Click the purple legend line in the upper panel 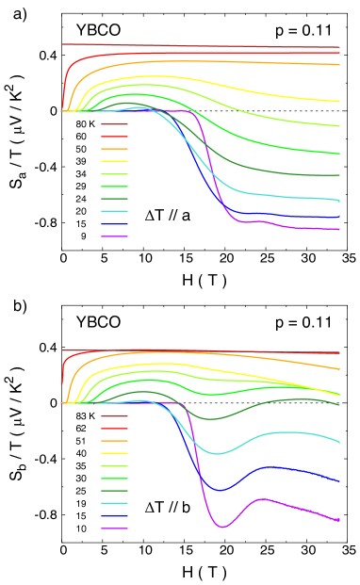coord(114,236)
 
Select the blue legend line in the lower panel coord(114,516)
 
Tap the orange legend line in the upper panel coord(114,149)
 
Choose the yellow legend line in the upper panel coord(114,161)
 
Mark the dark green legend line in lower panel coord(114,491)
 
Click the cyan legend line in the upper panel coord(114,211)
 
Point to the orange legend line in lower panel coord(114,441)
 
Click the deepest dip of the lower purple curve coord(223,527)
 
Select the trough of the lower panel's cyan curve coord(218,454)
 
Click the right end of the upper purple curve coord(339,229)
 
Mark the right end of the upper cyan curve coord(339,201)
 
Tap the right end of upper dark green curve coord(339,175)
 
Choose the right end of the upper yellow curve coord(339,102)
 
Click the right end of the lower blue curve coord(339,481)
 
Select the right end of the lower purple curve coord(339,520)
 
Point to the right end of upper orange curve coord(339,65)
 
